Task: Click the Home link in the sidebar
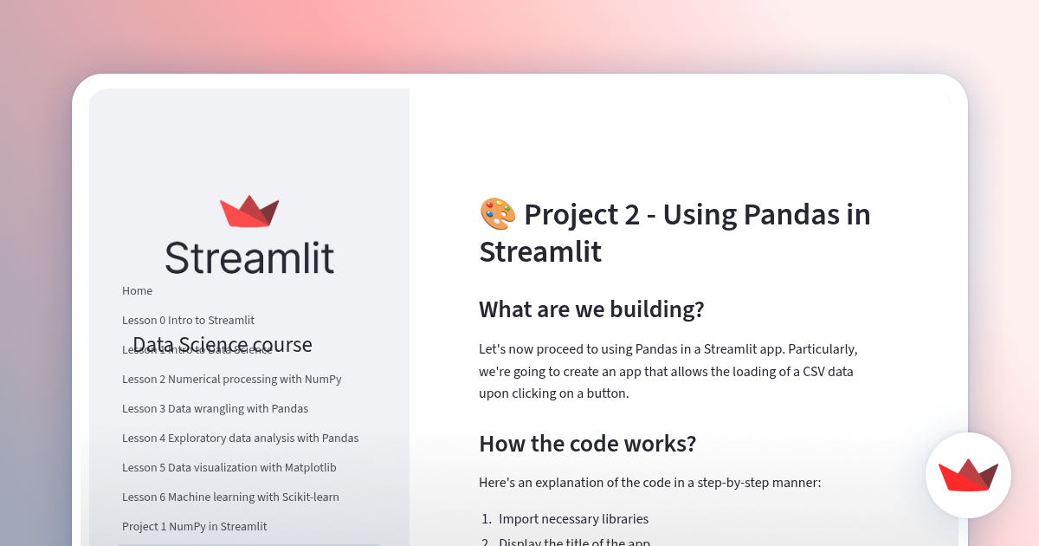point(137,291)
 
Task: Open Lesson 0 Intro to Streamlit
point(188,321)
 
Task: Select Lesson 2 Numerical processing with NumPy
point(231,380)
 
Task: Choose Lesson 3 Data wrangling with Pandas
point(215,409)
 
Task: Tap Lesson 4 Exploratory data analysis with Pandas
point(240,439)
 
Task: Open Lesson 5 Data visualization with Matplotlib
point(229,468)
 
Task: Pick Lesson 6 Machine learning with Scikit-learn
point(230,497)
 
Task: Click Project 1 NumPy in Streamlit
point(194,527)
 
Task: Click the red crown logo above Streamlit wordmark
point(249,211)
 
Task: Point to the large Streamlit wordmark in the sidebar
point(249,258)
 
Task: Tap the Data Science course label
point(223,345)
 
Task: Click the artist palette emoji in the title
point(497,213)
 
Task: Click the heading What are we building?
point(591,309)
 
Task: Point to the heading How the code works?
point(587,444)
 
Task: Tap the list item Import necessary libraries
point(573,519)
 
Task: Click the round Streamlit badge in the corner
point(968,475)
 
